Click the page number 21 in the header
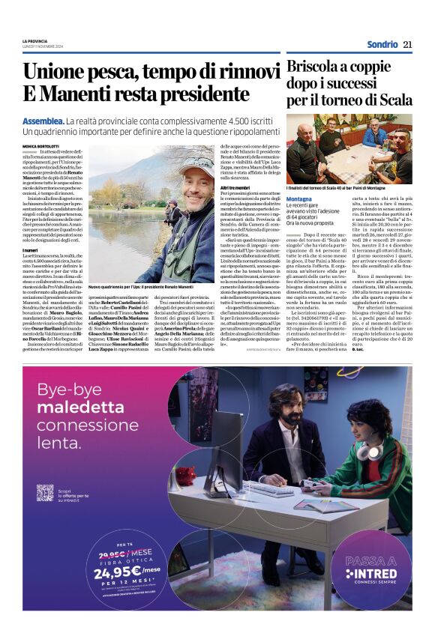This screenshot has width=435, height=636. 407,44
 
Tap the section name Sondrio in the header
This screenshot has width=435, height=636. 382,44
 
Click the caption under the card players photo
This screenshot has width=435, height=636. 349,187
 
